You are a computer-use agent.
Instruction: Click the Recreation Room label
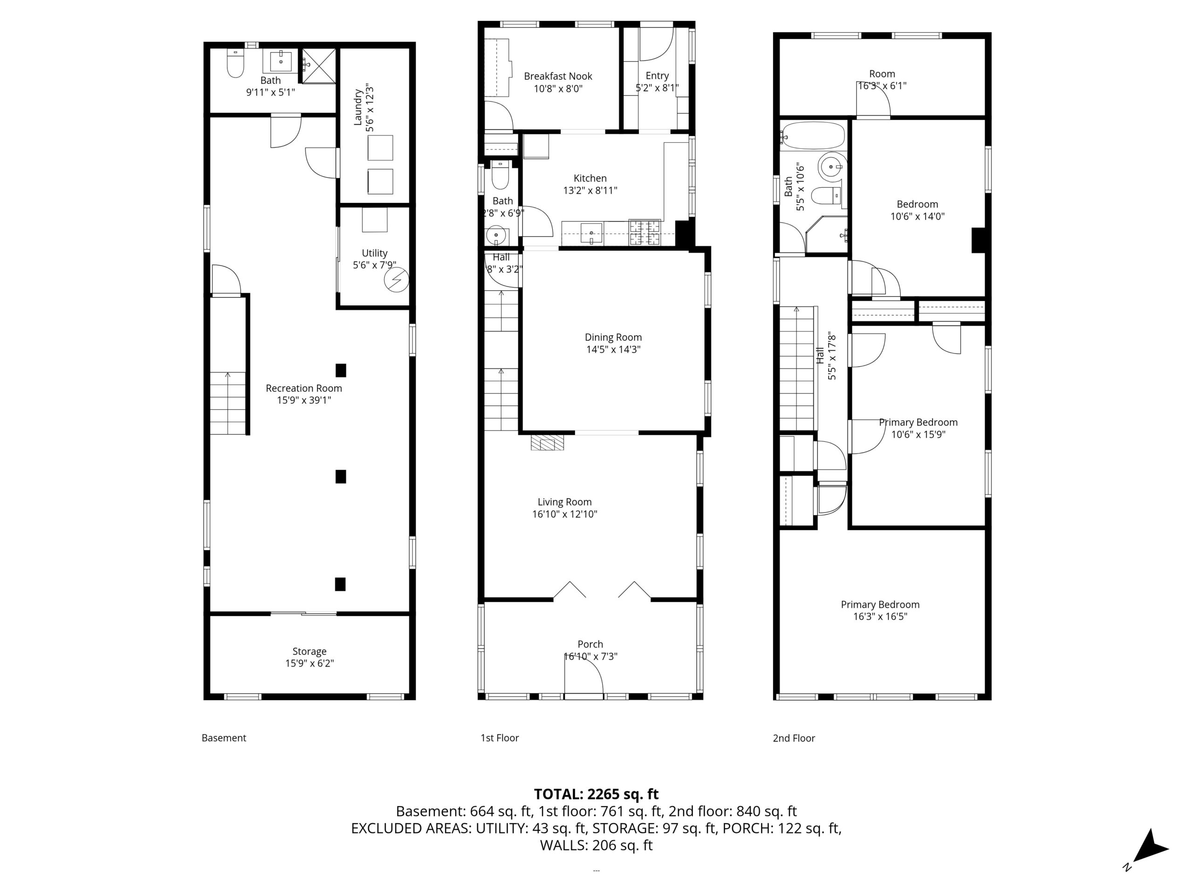(x=304, y=388)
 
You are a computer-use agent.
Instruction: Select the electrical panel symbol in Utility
(x=397, y=280)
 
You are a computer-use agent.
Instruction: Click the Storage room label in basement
(x=309, y=651)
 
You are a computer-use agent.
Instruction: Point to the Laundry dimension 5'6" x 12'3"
(x=370, y=108)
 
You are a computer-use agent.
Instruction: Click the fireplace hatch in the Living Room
(x=548, y=443)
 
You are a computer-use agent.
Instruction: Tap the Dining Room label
(x=613, y=337)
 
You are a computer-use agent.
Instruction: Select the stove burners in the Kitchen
(x=645, y=233)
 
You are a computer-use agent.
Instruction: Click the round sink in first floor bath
(x=496, y=236)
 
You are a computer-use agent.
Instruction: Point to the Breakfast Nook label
(x=558, y=76)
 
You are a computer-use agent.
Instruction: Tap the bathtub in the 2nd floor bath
(x=812, y=135)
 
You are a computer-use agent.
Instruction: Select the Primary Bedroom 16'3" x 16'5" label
(x=880, y=610)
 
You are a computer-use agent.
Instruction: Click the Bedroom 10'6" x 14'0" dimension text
(x=918, y=216)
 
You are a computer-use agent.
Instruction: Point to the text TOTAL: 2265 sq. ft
(x=596, y=794)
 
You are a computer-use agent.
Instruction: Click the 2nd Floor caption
(x=794, y=738)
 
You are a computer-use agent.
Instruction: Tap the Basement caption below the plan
(x=224, y=737)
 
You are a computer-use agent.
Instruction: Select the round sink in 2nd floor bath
(x=830, y=167)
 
